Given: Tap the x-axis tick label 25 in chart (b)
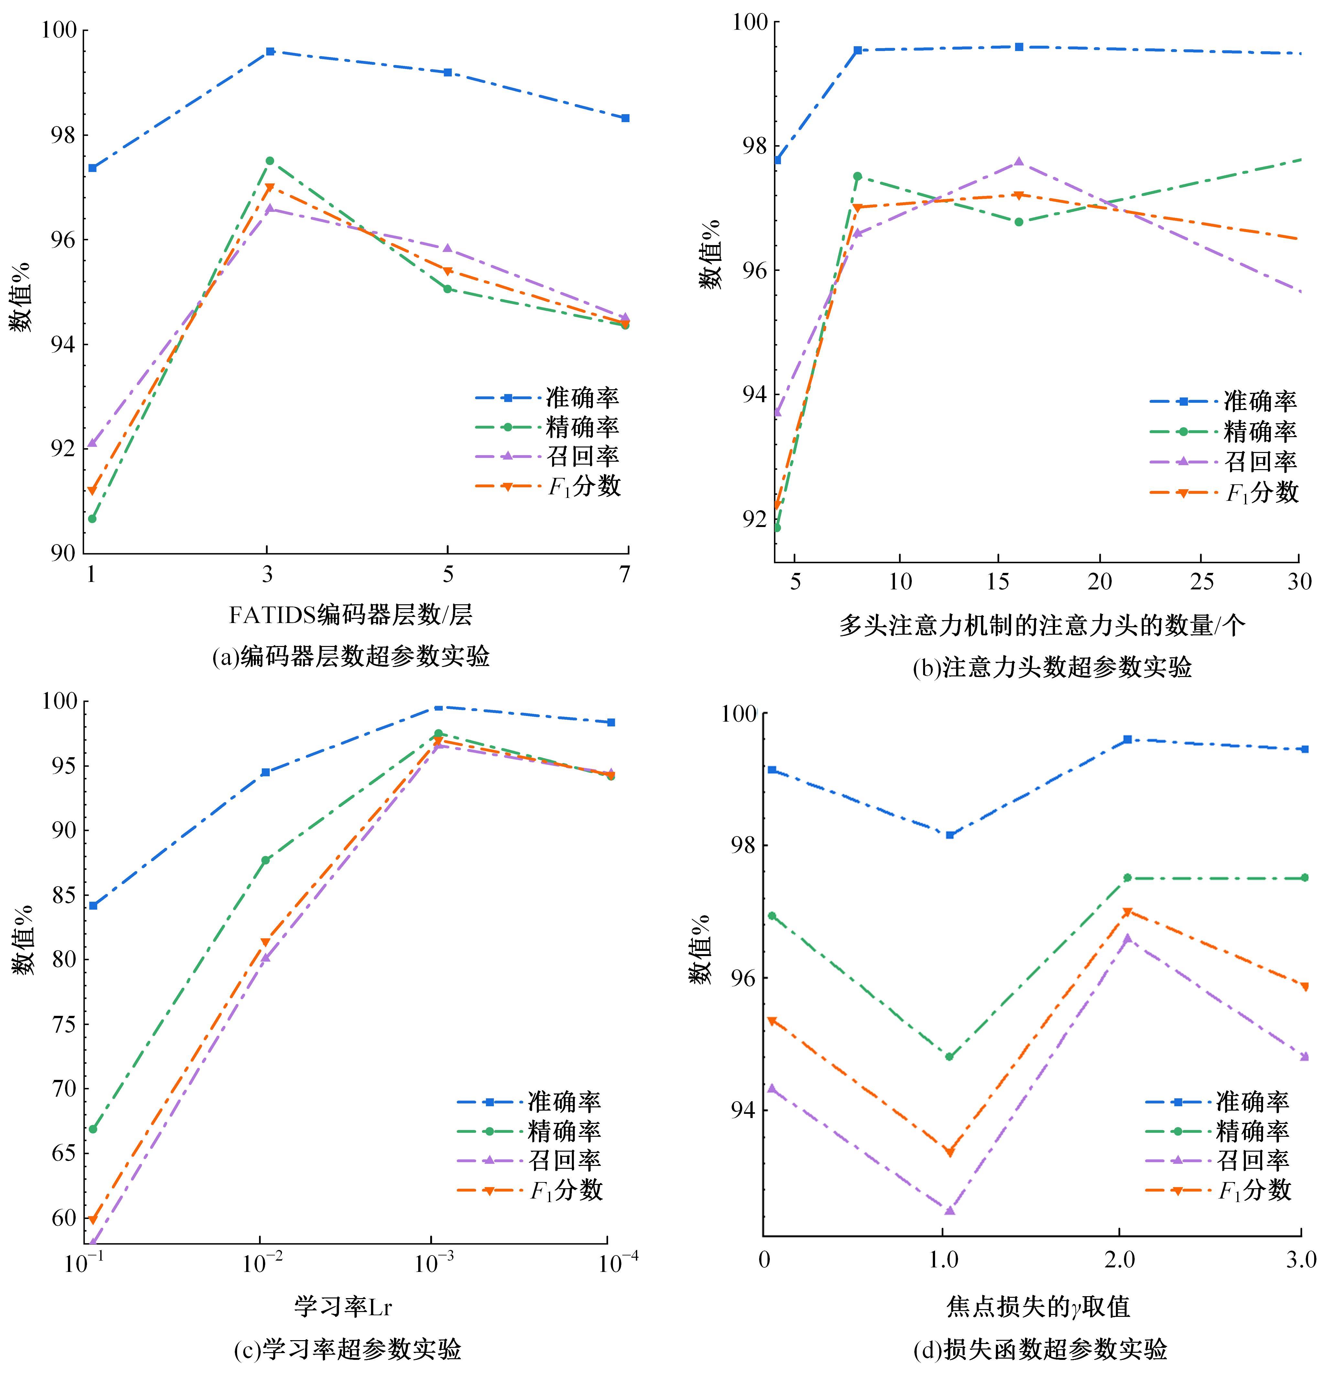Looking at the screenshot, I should coord(1201,582).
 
